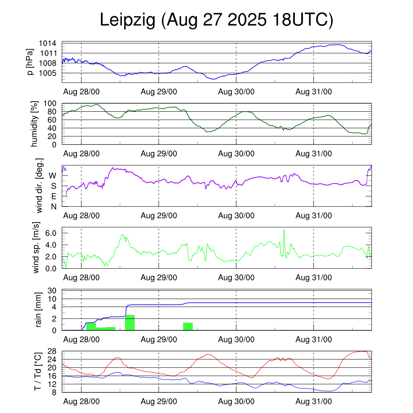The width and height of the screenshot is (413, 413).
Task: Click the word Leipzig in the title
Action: [127, 21]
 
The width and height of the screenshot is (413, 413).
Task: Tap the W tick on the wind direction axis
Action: [53, 175]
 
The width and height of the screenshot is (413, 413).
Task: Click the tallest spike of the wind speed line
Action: [284, 230]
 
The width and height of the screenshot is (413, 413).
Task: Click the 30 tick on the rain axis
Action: [52, 291]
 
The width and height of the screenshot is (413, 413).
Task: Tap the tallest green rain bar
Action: [130, 322]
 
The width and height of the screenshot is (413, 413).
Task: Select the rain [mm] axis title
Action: [39, 310]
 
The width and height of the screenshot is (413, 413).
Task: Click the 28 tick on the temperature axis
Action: [52, 351]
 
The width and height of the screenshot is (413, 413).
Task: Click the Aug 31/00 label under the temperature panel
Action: [314, 401]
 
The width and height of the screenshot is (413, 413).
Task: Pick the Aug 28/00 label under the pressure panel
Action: [81, 92]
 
